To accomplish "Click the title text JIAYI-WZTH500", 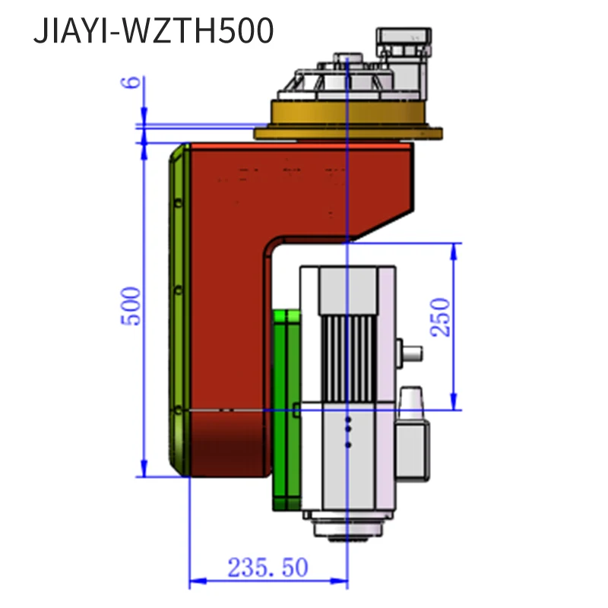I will pos(153,32).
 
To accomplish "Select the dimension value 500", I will pos(131,306).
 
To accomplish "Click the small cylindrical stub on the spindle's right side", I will pos(411,353).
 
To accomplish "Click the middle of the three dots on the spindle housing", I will pos(348,431).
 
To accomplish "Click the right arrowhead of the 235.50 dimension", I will pos(343,581).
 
